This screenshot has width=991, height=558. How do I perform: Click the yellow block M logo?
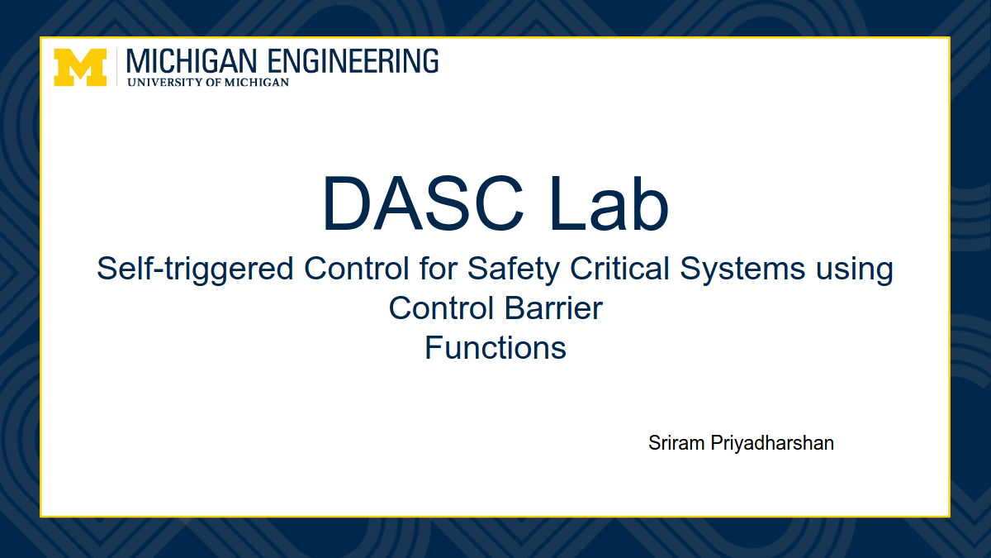80,67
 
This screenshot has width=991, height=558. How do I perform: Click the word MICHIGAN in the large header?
192,61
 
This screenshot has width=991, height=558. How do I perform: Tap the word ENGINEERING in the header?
353,61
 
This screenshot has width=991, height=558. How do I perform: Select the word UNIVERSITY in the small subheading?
164,83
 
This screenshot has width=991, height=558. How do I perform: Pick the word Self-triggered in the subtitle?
195,269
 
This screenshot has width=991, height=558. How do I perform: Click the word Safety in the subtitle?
514,269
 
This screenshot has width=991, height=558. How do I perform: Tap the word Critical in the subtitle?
619,269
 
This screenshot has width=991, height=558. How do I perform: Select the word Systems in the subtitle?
742,269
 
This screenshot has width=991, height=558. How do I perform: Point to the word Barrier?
553,308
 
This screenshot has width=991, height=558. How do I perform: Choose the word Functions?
495,348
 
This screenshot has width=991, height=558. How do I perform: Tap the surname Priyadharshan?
772,444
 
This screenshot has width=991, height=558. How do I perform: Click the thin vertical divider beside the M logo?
116,67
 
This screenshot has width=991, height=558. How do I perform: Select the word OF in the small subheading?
213,83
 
